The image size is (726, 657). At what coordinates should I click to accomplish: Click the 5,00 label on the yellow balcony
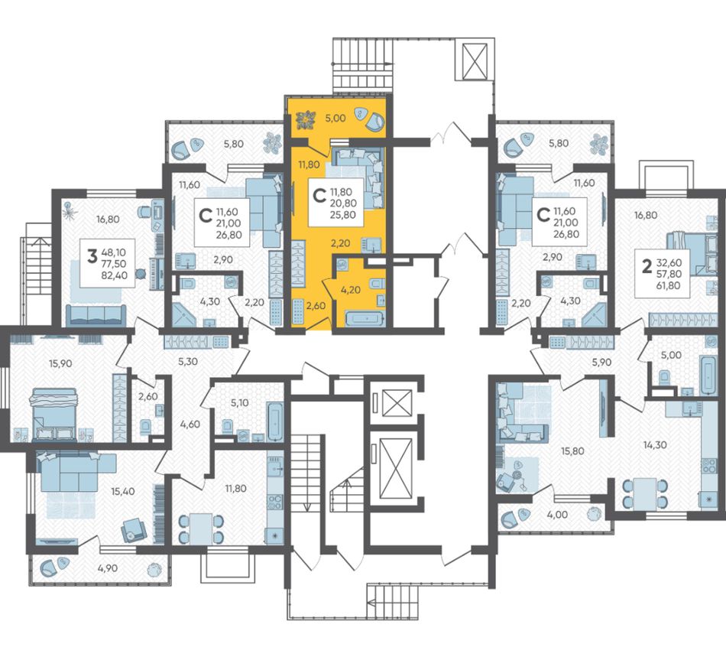[335, 118]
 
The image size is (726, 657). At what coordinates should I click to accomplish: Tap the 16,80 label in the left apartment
[108, 220]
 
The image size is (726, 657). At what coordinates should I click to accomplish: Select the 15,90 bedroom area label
[60, 363]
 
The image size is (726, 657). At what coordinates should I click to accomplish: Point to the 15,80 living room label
[572, 450]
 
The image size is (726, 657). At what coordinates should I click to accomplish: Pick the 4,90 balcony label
[108, 568]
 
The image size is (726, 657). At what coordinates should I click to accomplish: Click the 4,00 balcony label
[557, 514]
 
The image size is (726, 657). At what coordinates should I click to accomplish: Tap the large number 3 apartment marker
[92, 255]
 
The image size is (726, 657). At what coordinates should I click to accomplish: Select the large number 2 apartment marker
[647, 265]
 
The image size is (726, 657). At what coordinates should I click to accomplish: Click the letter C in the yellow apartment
[319, 196]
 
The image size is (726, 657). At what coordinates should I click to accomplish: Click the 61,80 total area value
[668, 285]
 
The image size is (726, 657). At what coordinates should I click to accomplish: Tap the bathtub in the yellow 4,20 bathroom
[365, 319]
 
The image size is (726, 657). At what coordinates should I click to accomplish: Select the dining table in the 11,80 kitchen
[201, 529]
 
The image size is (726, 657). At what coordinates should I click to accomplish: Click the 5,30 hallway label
[187, 361]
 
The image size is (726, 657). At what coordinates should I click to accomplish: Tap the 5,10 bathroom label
[238, 402]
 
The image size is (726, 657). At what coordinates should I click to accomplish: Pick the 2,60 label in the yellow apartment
[316, 306]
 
